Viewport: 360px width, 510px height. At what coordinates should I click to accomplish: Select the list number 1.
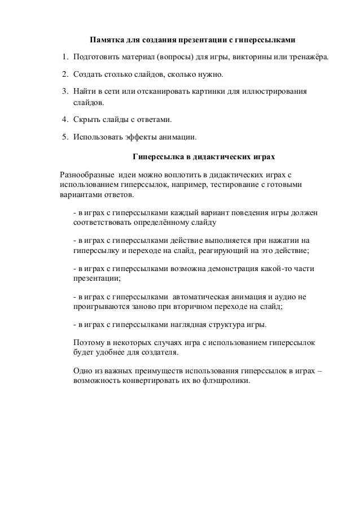[x=64, y=58]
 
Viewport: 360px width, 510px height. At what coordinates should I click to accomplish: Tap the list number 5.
[x=64, y=137]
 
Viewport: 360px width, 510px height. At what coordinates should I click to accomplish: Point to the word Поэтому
[x=89, y=343]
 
